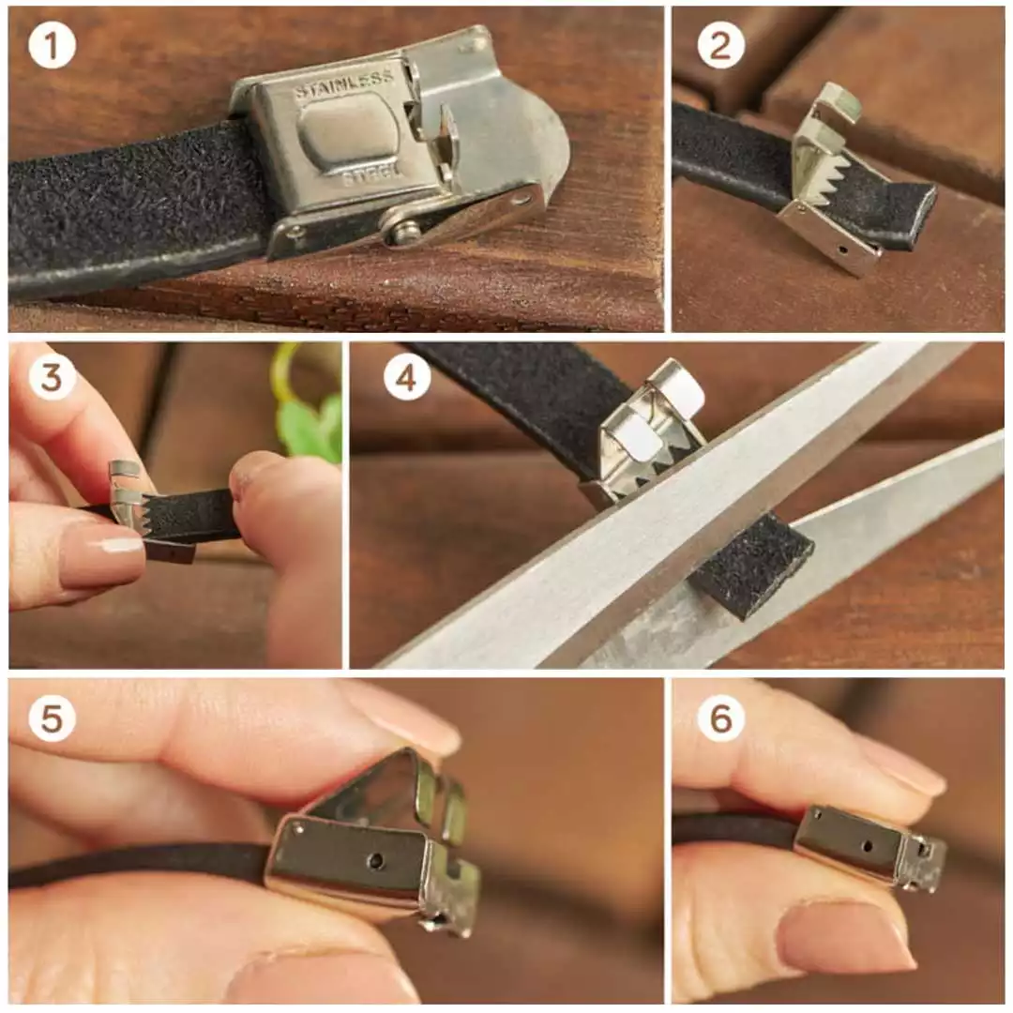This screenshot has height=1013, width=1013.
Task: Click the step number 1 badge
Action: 52,46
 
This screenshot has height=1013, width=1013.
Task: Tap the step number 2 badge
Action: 721,45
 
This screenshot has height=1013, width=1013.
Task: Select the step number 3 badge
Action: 52,377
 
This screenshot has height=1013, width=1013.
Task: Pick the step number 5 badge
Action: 52,718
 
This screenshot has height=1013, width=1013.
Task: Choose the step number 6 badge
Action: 721,718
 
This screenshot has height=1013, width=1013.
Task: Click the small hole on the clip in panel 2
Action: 841,248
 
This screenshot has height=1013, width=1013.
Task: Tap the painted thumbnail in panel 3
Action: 103,554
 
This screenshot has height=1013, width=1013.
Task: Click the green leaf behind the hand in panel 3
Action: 310,423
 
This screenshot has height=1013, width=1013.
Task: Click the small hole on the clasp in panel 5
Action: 376,860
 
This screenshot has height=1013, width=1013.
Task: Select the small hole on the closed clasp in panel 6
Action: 868,846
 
